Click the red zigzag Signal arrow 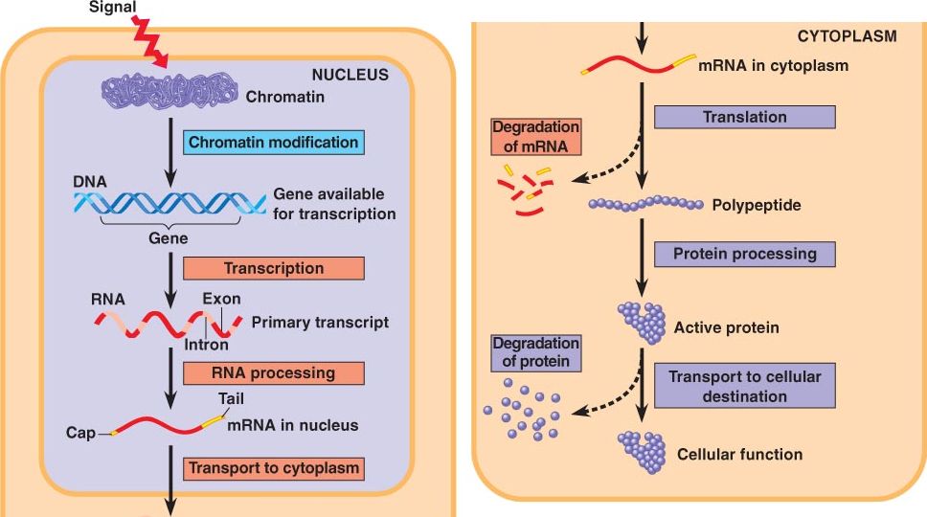[x=150, y=42]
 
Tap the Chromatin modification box [x=273, y=143]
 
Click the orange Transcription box [x=273, y=268]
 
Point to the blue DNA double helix [x=169, y=202]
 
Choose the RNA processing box [x=273, y=372]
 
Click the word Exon [x=221, y=298]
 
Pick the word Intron [x=206, y=345]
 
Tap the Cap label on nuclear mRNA [x=80, y=433]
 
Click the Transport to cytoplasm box [x=273, y=468]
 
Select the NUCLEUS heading [x=350, y=74]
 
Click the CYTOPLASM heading [x=847, y=36]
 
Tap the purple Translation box [x=744, y=117]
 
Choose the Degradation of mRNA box [x=535, y=136]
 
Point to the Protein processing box [x=744, y=254]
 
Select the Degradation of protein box [x=535, y=352]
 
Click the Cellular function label [x=739, y=454]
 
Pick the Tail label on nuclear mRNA [x=231, y=398]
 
